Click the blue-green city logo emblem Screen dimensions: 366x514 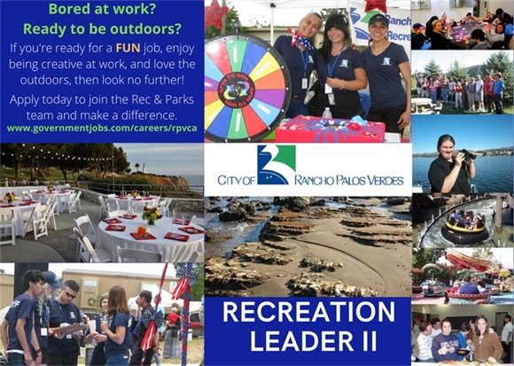(x=276, y=165)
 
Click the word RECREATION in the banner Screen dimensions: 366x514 (x=307, y=313)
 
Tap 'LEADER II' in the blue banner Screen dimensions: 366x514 (x=307, y=342)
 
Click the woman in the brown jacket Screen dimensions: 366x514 (x=484, y=341)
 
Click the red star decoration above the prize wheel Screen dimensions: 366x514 (x=216, y=15)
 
